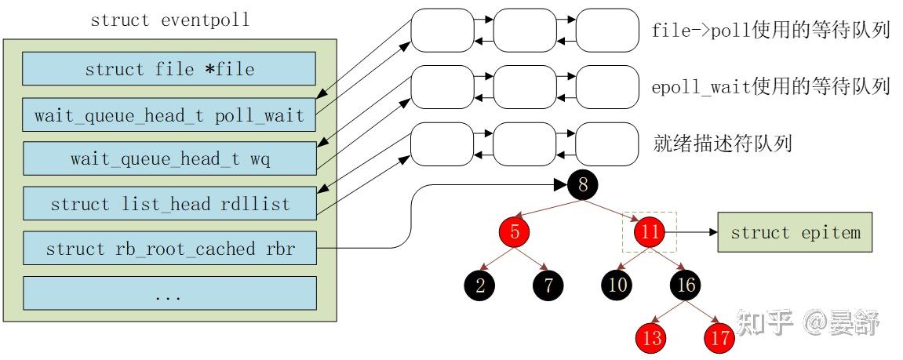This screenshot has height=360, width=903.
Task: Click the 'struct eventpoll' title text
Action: [169, 20]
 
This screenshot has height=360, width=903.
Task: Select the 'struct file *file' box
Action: [169, 69]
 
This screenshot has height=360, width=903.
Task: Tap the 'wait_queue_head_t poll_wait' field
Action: [169, 115]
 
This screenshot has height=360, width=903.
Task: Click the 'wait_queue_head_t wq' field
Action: [169, 158]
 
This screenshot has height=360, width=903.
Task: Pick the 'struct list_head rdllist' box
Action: [169, 204]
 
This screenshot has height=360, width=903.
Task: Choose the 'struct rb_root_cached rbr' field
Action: [169, 249]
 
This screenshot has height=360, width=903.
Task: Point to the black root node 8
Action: [582, 186]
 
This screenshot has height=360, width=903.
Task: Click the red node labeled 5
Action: [515, 232]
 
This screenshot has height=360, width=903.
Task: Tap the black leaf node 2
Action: [480, 285]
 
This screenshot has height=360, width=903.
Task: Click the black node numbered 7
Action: [549, 285]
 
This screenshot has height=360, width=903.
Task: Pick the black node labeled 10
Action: [617, 284]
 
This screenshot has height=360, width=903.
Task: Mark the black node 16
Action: [686, 284]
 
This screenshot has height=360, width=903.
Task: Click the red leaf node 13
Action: [652, 338]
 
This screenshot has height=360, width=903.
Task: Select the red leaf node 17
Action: [719, 338]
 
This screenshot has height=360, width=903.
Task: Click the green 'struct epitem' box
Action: [795, 233]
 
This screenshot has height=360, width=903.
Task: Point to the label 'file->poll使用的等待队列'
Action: [770, 31]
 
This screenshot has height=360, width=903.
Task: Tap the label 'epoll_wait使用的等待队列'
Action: [770, 87]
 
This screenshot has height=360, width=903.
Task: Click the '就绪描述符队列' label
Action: [722, 144]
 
